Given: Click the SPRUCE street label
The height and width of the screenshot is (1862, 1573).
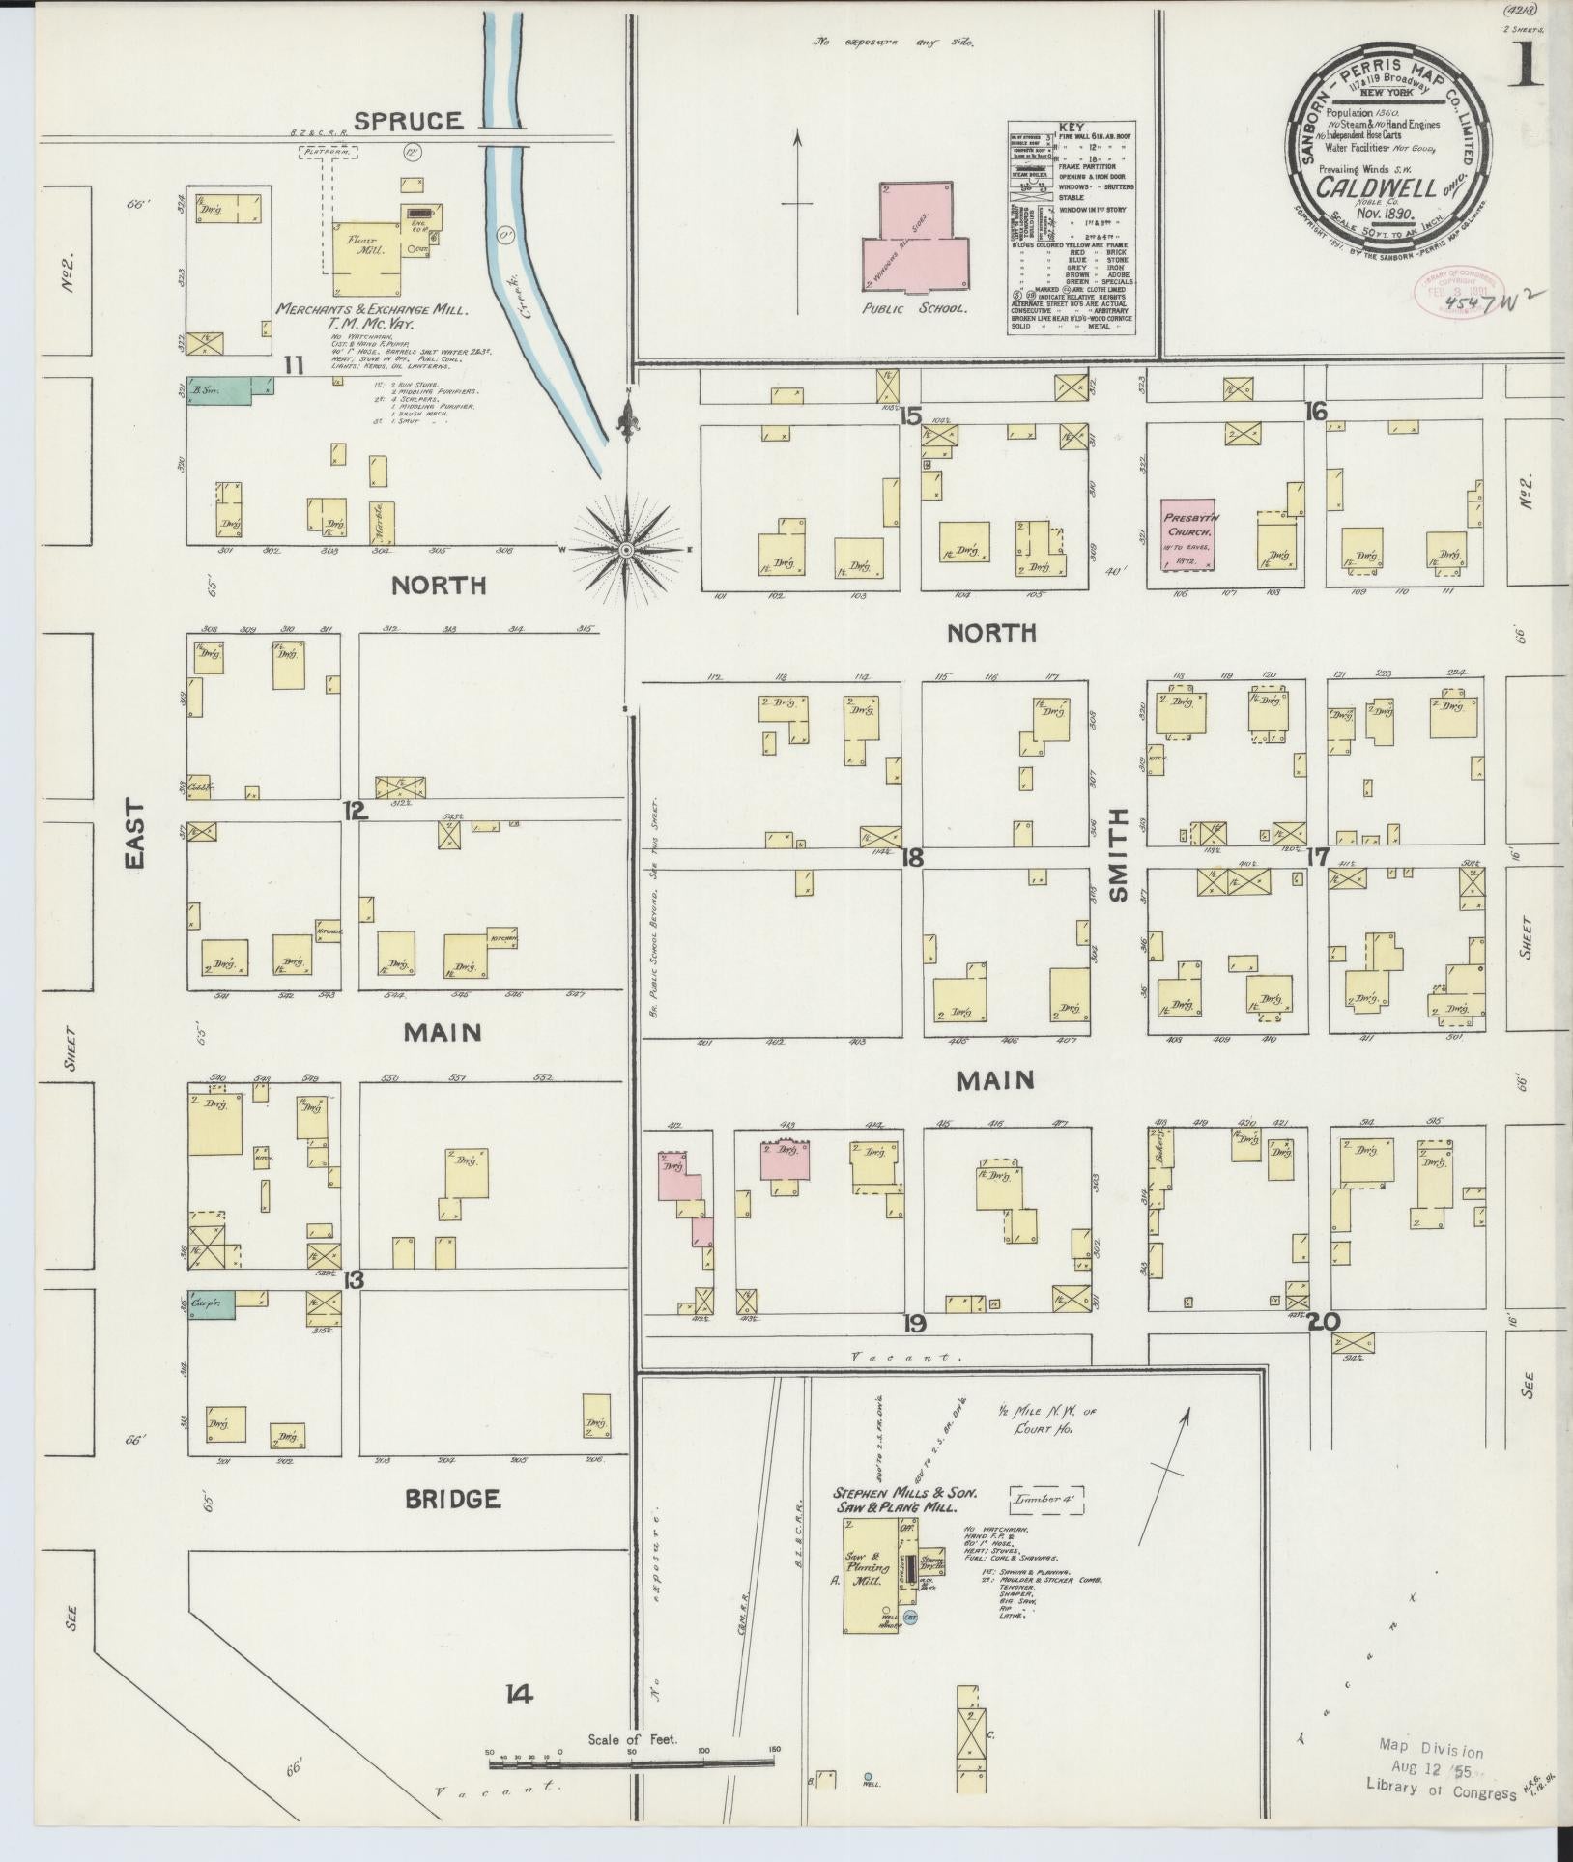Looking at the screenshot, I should tap(407, 121).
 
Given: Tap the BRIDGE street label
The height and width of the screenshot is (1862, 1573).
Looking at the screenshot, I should tap(452, 1499).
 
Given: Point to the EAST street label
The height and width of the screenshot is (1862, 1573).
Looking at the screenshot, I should tap(133, 834).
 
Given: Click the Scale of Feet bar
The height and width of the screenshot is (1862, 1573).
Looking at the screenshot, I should tap(631, 1763).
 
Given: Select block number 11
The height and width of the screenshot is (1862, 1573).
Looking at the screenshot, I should tap(294, 364).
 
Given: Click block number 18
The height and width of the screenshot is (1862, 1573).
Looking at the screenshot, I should tap(912, 856).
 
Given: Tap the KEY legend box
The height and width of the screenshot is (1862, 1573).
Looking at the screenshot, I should tap(1070, 228).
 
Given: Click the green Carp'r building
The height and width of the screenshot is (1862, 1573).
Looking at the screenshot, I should tap(213, 1305).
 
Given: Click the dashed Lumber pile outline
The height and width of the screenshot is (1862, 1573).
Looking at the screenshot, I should tap(1047, 1502).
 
